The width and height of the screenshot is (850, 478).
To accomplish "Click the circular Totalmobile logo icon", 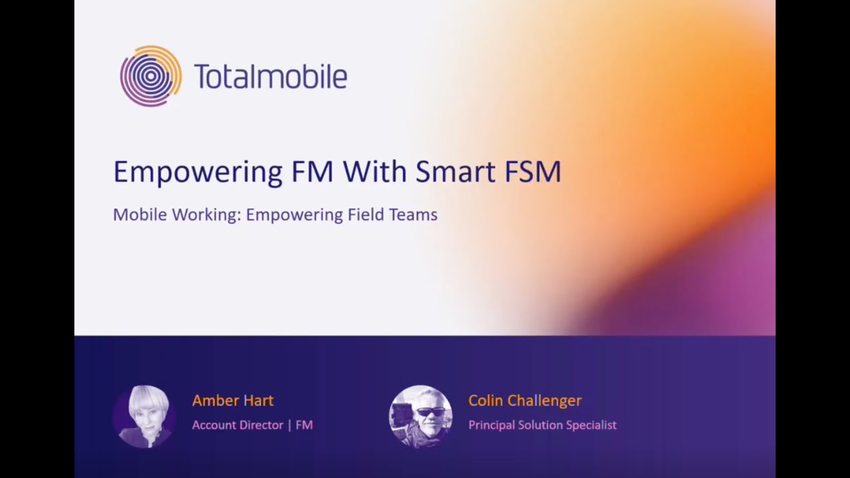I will [151, 76].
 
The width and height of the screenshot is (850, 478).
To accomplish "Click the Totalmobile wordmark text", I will [270, 76].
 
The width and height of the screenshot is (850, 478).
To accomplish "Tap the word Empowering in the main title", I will [198, 172].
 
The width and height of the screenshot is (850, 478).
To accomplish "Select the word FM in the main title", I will [312, 171].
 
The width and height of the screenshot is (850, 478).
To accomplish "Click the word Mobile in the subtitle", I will [139, 215].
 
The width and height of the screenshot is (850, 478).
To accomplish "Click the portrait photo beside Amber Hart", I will [144, 416].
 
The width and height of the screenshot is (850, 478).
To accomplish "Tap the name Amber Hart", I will [232, 400].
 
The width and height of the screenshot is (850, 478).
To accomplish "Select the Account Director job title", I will [238, 425].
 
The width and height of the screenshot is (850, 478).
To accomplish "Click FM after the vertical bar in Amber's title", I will [304, 425].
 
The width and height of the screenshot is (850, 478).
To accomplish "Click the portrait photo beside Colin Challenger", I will [420, 416].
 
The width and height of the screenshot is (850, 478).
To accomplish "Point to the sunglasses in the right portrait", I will [430, 412].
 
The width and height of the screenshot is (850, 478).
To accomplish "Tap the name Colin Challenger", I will [525, 400].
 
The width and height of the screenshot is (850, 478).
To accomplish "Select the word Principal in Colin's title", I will [491, 425].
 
